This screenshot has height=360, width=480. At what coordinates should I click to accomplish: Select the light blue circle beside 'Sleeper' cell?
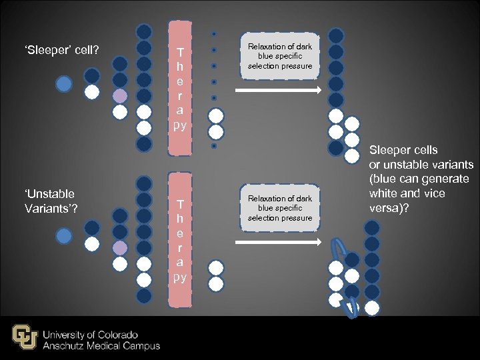point(63,84)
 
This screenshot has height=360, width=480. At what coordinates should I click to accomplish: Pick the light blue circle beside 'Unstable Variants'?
point(63,236)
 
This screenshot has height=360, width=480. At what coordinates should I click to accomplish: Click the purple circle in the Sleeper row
point(119,96)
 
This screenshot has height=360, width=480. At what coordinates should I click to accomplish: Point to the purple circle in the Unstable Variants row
point(119,248)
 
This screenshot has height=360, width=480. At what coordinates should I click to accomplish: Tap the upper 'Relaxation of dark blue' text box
point(280,56)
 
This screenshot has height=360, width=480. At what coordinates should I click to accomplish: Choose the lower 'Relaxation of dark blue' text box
point(280,208)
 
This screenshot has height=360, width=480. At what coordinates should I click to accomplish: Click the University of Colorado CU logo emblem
point(25,337)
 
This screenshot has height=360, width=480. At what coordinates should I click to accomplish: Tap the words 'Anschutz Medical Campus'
point(101,345)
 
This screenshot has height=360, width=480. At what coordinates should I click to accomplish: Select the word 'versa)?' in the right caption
point(389,207)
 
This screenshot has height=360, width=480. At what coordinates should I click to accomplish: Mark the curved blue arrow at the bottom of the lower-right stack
point(349,307)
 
